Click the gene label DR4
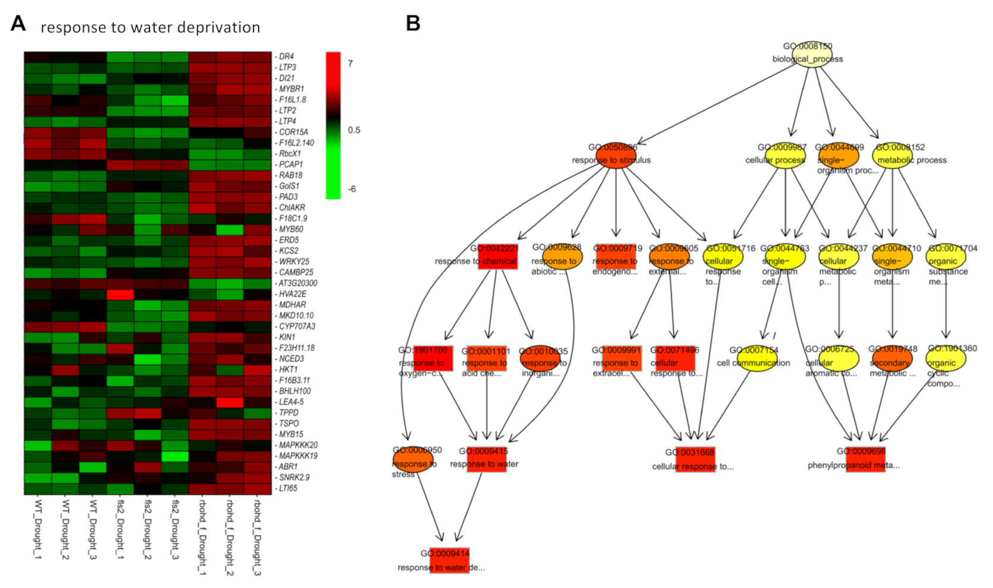tap(286, 56)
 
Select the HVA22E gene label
tap(292, 294)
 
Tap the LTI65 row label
tap(288, 488)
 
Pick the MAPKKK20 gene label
tap(298, 445)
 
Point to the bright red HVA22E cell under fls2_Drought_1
tap(120, 294)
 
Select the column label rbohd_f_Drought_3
tap(257, 538)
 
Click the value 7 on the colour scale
tap(351, 64)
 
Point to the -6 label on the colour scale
tap(351, 189)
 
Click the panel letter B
tap(412, 24)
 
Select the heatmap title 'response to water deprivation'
tap(150, 27)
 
